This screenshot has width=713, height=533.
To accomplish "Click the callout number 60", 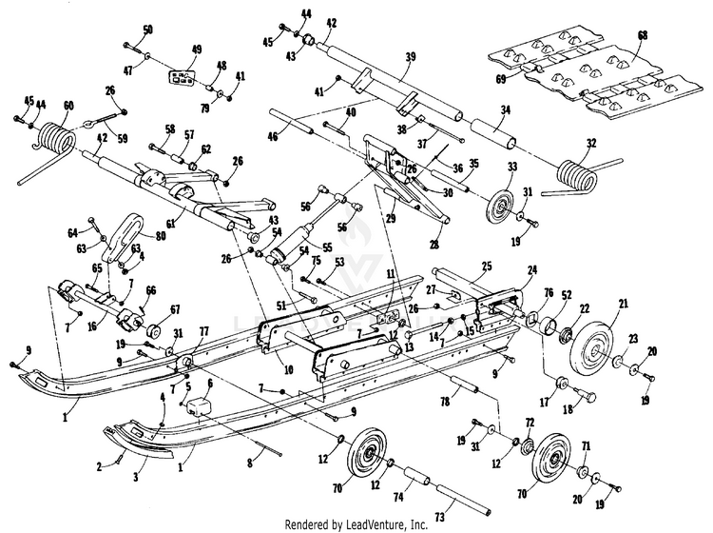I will coord(67,106).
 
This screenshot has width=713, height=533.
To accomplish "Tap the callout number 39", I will coord(411,57).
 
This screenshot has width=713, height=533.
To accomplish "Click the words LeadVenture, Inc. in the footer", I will coord(383,523).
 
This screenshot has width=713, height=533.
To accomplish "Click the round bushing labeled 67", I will coord(150,331).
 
